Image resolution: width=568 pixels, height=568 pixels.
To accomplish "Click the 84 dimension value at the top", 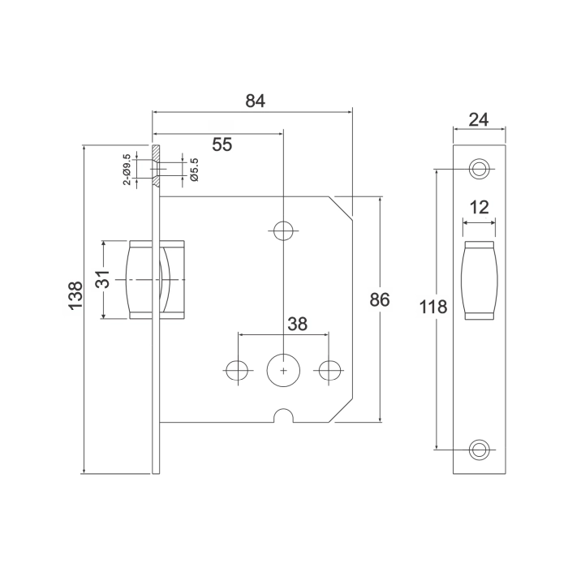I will click(x=255, y=101).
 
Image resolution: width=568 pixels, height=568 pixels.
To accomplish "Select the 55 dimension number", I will click(x=222, y=144).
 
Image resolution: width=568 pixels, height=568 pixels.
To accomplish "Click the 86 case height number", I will click(x=380, y=299).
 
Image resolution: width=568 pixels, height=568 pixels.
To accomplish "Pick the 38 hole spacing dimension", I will click(x=297, y=324).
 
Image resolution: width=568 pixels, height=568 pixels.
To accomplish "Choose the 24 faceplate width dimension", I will click(x=479, y=119).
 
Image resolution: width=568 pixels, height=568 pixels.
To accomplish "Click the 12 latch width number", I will click(x=479, y=207).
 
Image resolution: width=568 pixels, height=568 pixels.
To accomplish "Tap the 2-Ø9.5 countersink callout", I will click(x=127, y=170).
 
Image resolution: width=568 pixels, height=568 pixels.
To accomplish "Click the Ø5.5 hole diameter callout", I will click(x=194, y=169).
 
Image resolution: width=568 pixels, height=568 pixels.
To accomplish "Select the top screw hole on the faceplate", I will click(x=479, y=169).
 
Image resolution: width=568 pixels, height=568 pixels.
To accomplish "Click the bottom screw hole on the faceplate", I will click(x=479, y=448).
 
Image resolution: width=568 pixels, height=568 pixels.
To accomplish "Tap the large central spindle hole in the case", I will click(x=282, y=369).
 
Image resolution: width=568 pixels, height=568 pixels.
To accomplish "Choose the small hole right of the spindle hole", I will click(x=329, y=369).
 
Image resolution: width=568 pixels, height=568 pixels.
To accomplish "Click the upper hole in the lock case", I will click(x=282, y=231).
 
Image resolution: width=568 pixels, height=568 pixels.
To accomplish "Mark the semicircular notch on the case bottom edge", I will click(x=282, y=417).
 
